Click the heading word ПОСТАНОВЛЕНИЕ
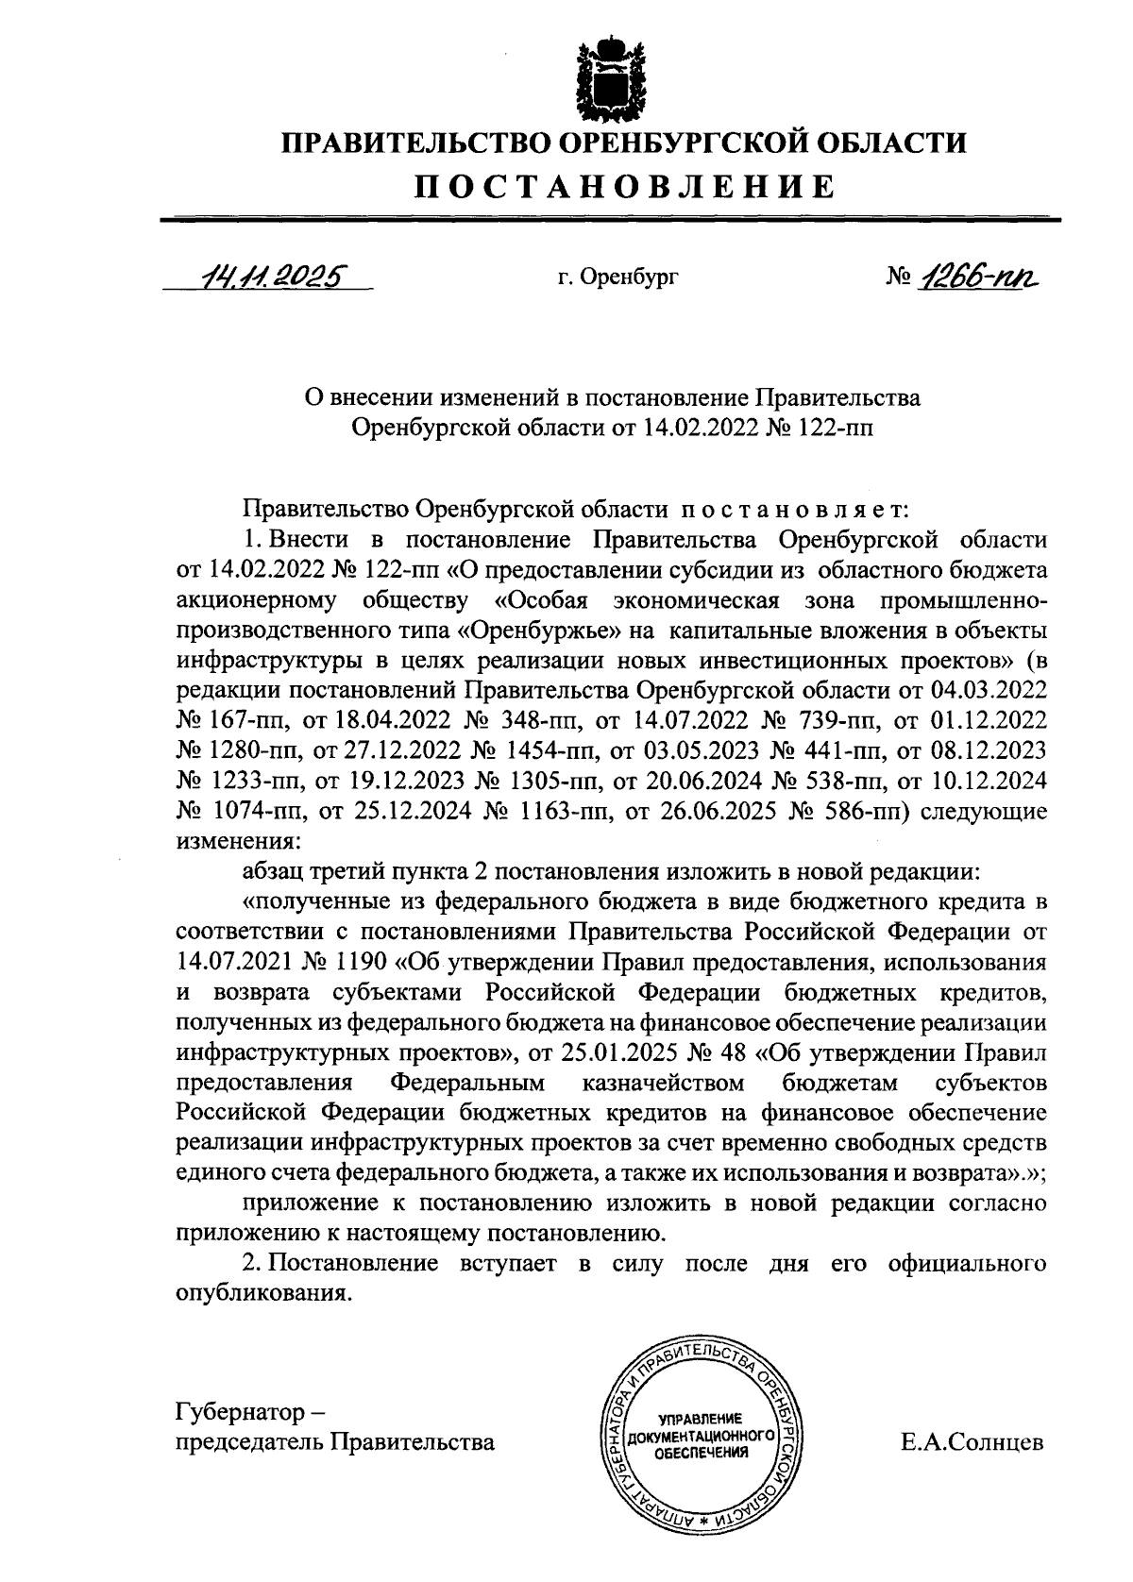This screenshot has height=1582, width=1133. pyautogui.click(x=626, y=186)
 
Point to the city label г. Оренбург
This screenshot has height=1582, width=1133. pyautogui.click(x=618, y=278)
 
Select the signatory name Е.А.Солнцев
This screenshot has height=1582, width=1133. pyautogui.click(x=972, y=1442)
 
